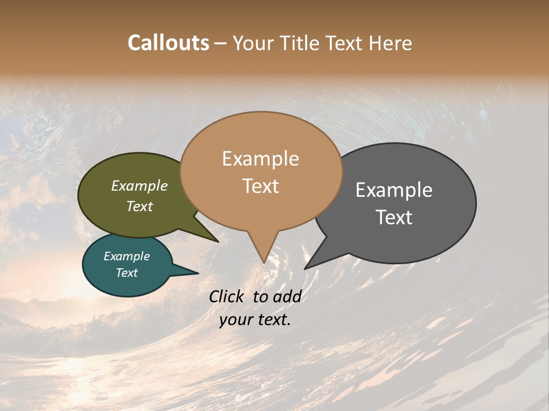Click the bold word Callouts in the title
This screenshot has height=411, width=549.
(x=168, y=43)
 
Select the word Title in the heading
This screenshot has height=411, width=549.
(x=303, y=43)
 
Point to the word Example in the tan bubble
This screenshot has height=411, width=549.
(x=260, y=159)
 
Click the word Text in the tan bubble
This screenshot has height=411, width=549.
(x=260, y=186)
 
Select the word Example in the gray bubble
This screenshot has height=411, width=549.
(x=394, y=190)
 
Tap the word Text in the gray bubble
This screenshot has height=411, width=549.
(x=395, y=217)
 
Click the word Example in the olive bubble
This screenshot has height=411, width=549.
(x=140, y=186)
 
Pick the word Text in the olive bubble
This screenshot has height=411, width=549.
(x=140, y=206)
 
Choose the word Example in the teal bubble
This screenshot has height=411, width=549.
(x=126, y=256)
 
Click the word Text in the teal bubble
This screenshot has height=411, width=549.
(x=127, y=273)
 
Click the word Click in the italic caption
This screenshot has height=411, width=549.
(x=228, y=296)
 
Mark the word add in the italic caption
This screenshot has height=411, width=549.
(x=287, y=296)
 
